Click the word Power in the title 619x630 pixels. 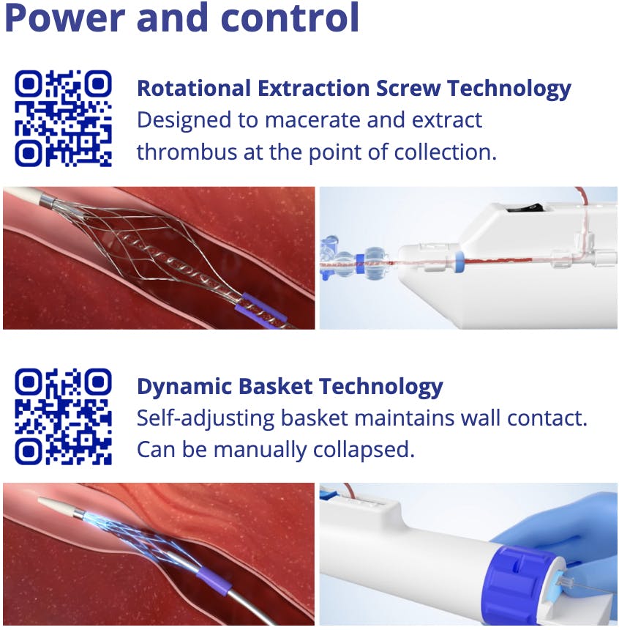pyautogui.click(x=64, y=18)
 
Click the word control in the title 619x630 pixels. pyautogui.click(x=290, y=18)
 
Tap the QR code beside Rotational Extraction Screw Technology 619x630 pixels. pyautogui.click(x=64, y=119)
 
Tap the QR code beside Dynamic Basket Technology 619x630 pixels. pyautogui.click(x=64, y=417)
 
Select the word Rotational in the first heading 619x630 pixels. pyautogui.click(x=194, y=89)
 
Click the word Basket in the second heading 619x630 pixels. pyautogui.click(x=276, y=387)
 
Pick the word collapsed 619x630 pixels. pyautogui.click(x=364, y=450)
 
